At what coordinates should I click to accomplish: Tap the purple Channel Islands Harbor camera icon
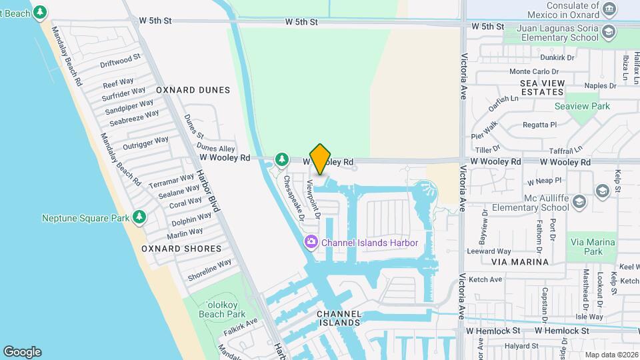click(311, 243)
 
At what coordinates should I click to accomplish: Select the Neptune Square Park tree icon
click(139, 217)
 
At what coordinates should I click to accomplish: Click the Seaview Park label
click(582, 106)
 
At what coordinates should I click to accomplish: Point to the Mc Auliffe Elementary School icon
click(579, 201)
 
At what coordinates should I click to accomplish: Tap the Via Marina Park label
click(585, 247)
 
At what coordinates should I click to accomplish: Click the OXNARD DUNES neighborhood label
click(193, 90)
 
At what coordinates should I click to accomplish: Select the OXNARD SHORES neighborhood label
click(181, 249)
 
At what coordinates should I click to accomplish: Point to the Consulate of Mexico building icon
click(609, 9)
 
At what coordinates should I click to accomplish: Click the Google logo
click(22, 351)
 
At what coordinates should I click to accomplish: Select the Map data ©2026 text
click(611, 355)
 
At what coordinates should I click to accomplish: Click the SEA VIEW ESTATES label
click(551, 87)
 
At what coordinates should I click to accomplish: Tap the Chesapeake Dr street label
click(294, 197)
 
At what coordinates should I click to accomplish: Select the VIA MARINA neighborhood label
click(520, 262)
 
